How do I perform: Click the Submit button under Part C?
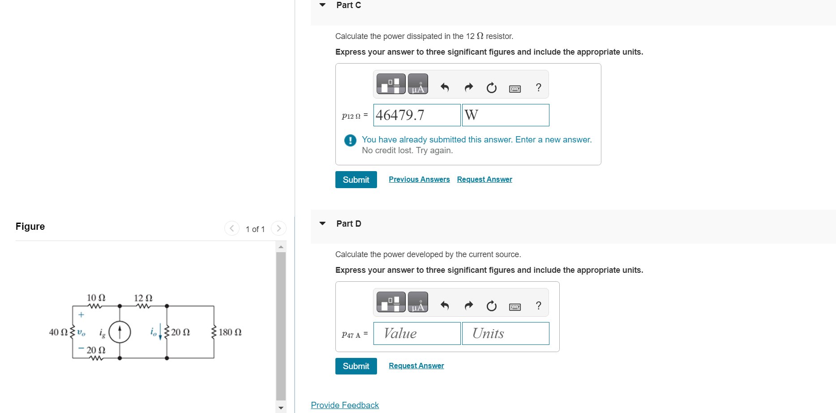(x=356, y=180)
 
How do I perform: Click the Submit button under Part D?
(x=356, y=366)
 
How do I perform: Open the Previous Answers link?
(x=419, y=179)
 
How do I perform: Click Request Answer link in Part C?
(x=484, y=179)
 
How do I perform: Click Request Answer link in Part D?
(x=416, y=366)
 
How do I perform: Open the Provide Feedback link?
(x=345, y=405)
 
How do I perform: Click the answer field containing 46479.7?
(x=417, y=115)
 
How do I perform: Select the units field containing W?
(x=506, y=115)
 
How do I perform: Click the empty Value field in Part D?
(x=417, y=333)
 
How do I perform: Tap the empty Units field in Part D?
(x=506, y=333)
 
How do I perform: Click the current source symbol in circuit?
(x=120, y=332)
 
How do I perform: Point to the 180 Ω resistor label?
(x=230, y=332)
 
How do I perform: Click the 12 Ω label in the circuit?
(x=143, y=298)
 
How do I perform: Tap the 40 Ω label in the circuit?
(x=58, y=332)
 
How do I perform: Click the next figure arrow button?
(x=279, y=228)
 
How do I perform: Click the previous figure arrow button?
(x=232, y=228)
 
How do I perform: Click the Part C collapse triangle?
(x=322, y=5)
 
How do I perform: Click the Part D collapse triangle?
(x=322, y=224)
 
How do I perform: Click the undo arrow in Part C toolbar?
(x=445, y=87)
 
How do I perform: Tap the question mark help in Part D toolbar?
(x=539, y=305)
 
